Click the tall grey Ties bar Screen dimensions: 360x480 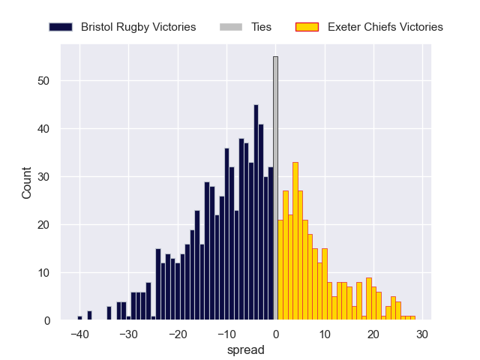point(275,187)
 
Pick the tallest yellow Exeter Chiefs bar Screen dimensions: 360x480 point(295,241)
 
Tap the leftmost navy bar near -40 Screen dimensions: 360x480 point(79,318)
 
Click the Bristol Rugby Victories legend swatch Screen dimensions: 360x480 point(61,27)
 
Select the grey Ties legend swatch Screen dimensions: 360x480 point(231,27)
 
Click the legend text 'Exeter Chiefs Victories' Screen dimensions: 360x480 point(385,27)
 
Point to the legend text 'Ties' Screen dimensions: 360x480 point(261,27)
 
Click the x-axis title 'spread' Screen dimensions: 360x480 point(247,349)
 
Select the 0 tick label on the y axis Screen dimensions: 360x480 point(46,321)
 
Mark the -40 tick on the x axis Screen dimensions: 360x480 point(79,334)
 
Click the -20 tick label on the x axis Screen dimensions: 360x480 point(177,334)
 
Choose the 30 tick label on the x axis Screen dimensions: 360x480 point(422,334)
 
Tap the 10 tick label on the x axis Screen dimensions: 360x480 point(325,334)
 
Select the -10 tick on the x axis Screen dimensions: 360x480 point(226,334)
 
